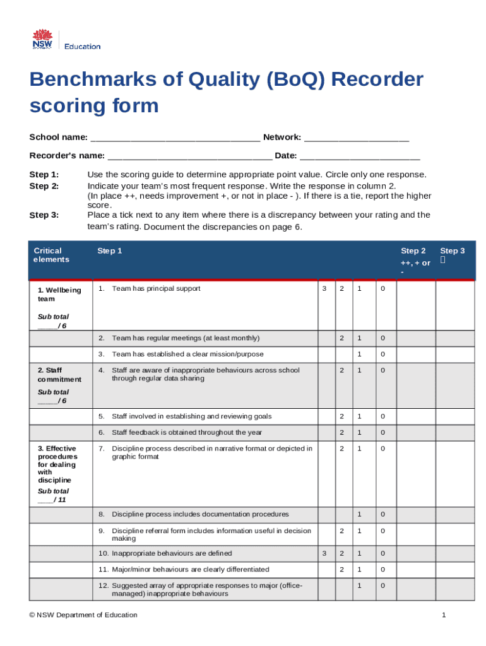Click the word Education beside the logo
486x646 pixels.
point(83,46)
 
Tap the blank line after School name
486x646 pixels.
point(175,138)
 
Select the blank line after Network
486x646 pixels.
point(356,138)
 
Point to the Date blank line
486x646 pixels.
point(359,156)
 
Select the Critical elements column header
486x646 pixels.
point(52,255)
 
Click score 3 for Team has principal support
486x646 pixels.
point(324,288)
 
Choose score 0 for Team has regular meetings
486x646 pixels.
point(381,338)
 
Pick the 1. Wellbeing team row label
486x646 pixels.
point(59,295)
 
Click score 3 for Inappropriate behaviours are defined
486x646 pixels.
point(324,553)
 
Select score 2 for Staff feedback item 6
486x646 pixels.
point(342,433)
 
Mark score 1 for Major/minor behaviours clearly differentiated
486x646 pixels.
point(360,570)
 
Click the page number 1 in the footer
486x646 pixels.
point(444,615)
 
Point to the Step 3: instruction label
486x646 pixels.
point(44,215)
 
